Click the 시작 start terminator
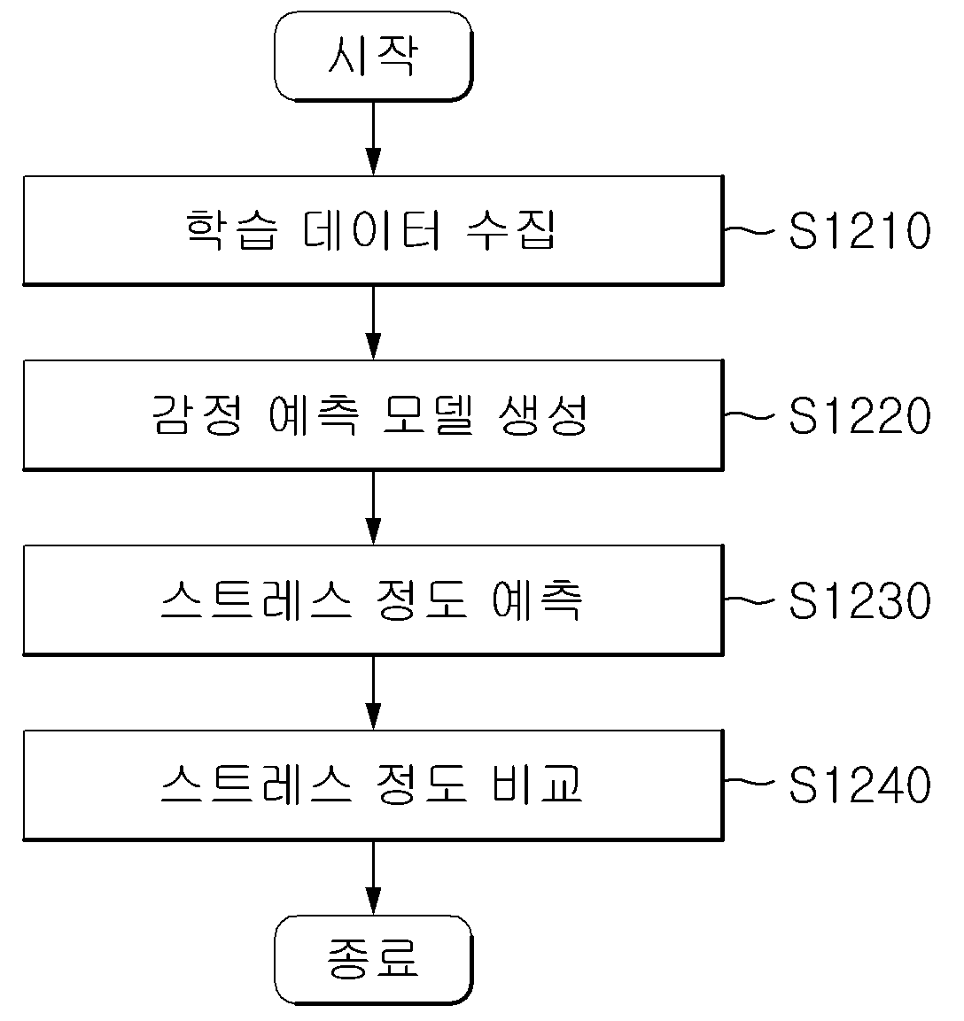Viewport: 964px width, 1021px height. click(x=373, y=57)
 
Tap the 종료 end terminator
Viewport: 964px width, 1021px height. click(x=373, y=959)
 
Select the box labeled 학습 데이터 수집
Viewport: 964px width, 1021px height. click(x=373, y=230)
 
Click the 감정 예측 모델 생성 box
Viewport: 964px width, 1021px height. click(x=373, y=414)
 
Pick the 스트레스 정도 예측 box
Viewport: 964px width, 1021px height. click(x=373, y=599)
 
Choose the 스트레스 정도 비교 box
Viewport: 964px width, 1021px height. click(x=373, y=785)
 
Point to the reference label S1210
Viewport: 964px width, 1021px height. click(x=859, y=230)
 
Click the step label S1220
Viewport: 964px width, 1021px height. click(x=859, y=415)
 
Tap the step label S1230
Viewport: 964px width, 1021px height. click(x=859, y=600)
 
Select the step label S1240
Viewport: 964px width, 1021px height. click(x=859, y=785)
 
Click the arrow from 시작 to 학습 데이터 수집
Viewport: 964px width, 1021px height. click(x=373, y=138)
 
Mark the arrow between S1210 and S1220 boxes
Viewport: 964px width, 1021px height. click(x=373, y=323)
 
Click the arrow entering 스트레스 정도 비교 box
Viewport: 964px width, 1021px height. click(x=373, y=692)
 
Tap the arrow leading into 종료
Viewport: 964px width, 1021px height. click(x=373, y=878)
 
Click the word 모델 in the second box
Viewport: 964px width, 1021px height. click(x=427, y=414)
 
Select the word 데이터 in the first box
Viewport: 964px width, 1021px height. click(x=372, y=230)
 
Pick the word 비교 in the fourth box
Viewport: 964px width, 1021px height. click(x=537, y=784)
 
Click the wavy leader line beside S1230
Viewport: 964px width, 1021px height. click(x=749, y=599)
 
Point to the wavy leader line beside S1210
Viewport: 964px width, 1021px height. click(x=749, y=230)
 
